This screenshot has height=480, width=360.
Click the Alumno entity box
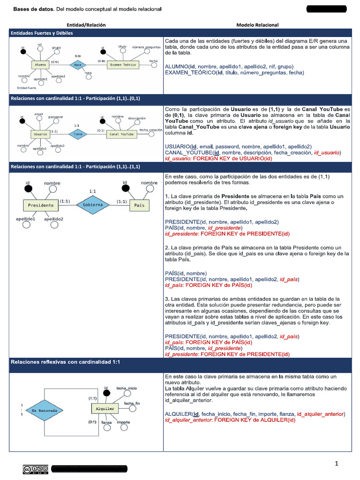coord(41,65)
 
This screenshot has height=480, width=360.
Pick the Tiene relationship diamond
coord(77,135)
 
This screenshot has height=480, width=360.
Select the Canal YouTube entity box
coord(121,135)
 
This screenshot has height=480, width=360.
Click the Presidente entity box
coord(41,205)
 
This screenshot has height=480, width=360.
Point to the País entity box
coord(139,205)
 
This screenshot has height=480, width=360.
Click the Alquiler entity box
coord(105,409)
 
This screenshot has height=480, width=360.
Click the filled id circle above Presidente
coord(29,189)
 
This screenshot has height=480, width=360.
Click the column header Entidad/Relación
coord(86,25)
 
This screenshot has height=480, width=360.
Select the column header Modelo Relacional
coord(257,25)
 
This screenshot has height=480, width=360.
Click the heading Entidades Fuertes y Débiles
coord(42,33)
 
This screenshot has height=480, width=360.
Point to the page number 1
coord(337,464)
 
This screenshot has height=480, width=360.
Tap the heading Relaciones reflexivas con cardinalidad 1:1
coord(66,362)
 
